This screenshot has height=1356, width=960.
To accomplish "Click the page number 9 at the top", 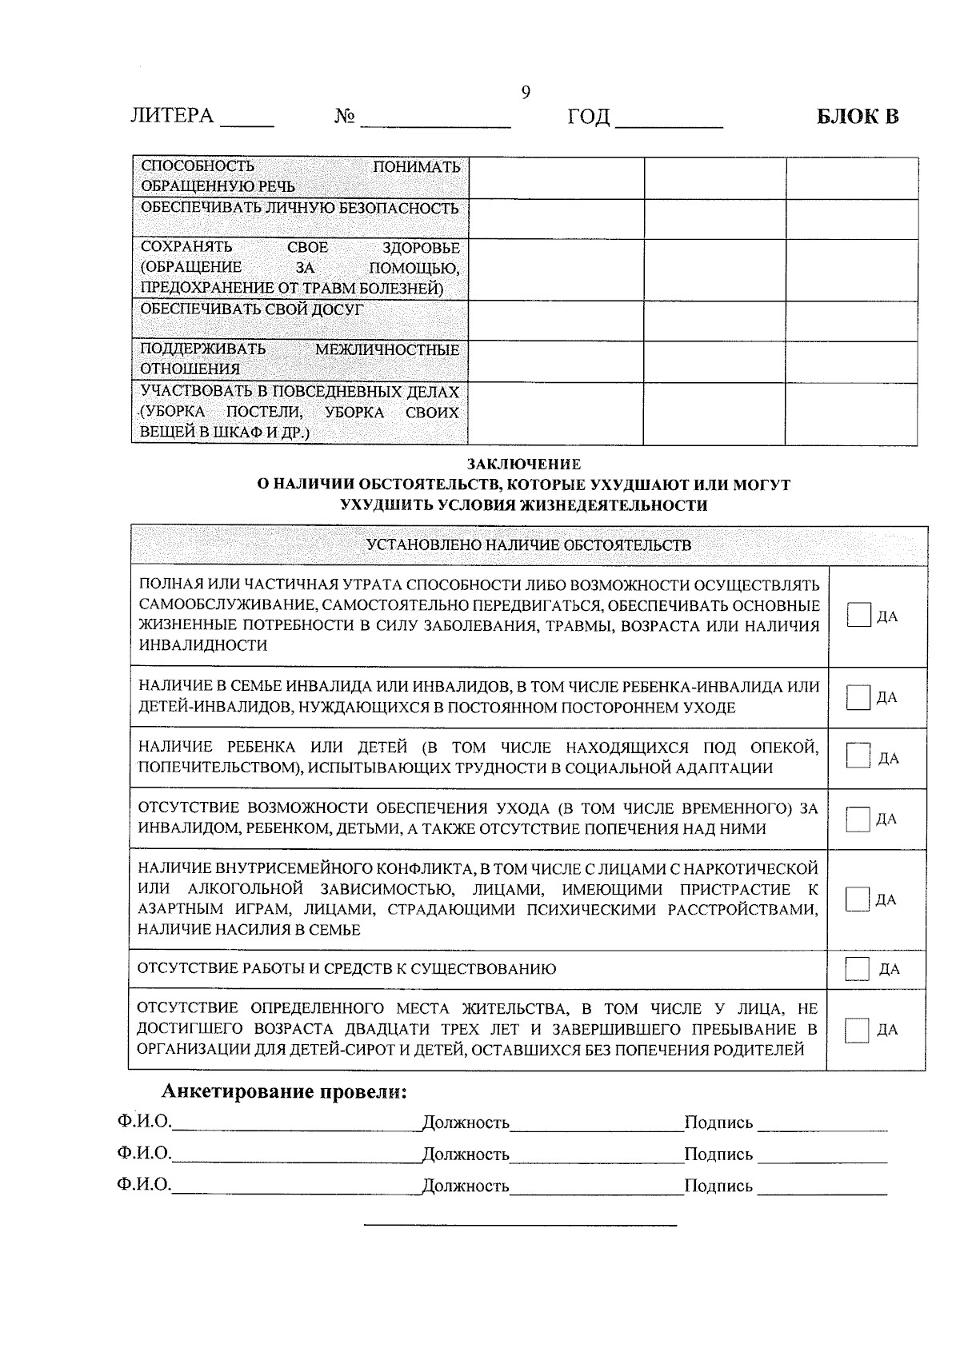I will pos(526,93).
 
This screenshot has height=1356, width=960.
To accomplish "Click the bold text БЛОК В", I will pos(858,117).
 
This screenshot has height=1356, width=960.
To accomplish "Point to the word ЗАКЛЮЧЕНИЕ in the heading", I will pos(524,464).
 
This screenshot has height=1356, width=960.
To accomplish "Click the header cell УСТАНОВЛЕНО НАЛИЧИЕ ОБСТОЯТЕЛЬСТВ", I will pos(528,545).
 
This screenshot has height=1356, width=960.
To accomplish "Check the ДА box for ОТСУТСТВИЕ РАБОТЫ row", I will pos(858,969).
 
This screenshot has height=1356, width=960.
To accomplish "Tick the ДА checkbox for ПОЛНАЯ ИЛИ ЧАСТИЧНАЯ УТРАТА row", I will pos(858,616).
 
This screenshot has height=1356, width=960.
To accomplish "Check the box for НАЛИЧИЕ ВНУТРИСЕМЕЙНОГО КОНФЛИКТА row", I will pos(858,899).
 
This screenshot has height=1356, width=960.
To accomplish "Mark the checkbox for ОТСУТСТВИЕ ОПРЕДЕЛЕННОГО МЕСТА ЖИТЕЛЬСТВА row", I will pos(858,1030).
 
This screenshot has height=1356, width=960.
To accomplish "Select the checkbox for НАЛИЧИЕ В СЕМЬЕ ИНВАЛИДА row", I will pos(858,697).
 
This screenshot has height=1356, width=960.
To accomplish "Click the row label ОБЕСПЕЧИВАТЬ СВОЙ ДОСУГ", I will pos(251,309).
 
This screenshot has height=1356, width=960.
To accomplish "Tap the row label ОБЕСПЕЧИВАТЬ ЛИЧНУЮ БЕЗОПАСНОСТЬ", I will pos(299,208).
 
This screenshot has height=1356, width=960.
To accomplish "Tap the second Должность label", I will pos(466,1155).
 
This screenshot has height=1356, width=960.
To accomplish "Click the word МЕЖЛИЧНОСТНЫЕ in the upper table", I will pos(387,350).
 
